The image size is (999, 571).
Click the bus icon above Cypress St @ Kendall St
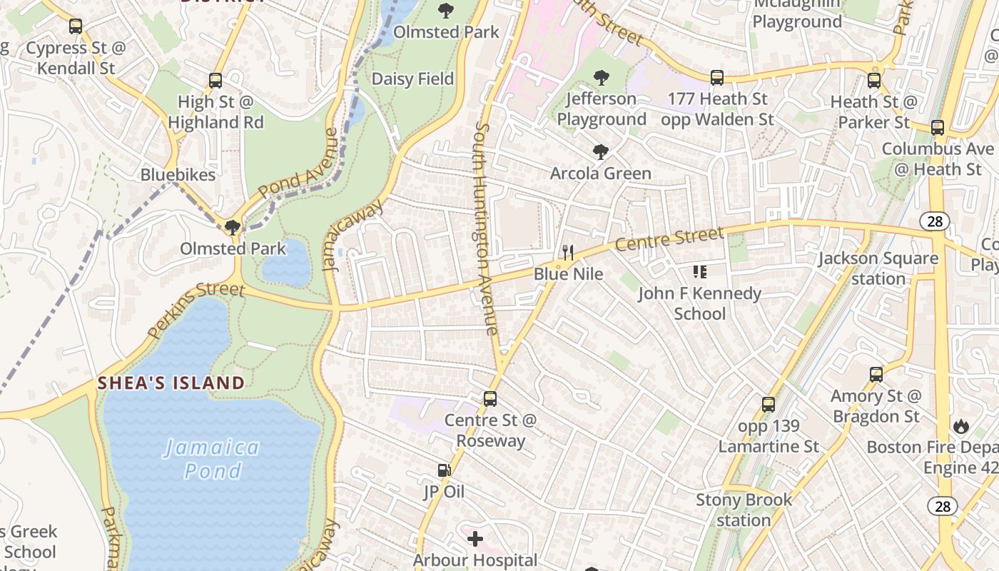click(75, 27)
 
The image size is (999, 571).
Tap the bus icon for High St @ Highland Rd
click(215, 81)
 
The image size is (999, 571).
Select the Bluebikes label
click(178, 175)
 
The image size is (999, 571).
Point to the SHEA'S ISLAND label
click(171, 383)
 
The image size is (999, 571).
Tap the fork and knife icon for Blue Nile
click(568, 252)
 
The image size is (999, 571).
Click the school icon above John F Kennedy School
click(699, 271)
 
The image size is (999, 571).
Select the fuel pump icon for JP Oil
click(444, 470)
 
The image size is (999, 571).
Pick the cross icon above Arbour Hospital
click(475, 538)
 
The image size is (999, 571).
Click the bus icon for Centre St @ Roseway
click(490, 399)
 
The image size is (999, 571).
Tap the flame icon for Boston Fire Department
click(961, 426)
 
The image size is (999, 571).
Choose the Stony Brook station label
click(744, 510)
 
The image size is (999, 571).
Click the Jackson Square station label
click(878, 268)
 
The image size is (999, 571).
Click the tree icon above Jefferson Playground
click(602, 77)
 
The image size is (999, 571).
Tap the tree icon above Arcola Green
click(600, 152)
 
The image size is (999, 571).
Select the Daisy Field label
click(412, 79)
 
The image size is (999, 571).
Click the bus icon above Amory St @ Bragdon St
click(876, 374)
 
